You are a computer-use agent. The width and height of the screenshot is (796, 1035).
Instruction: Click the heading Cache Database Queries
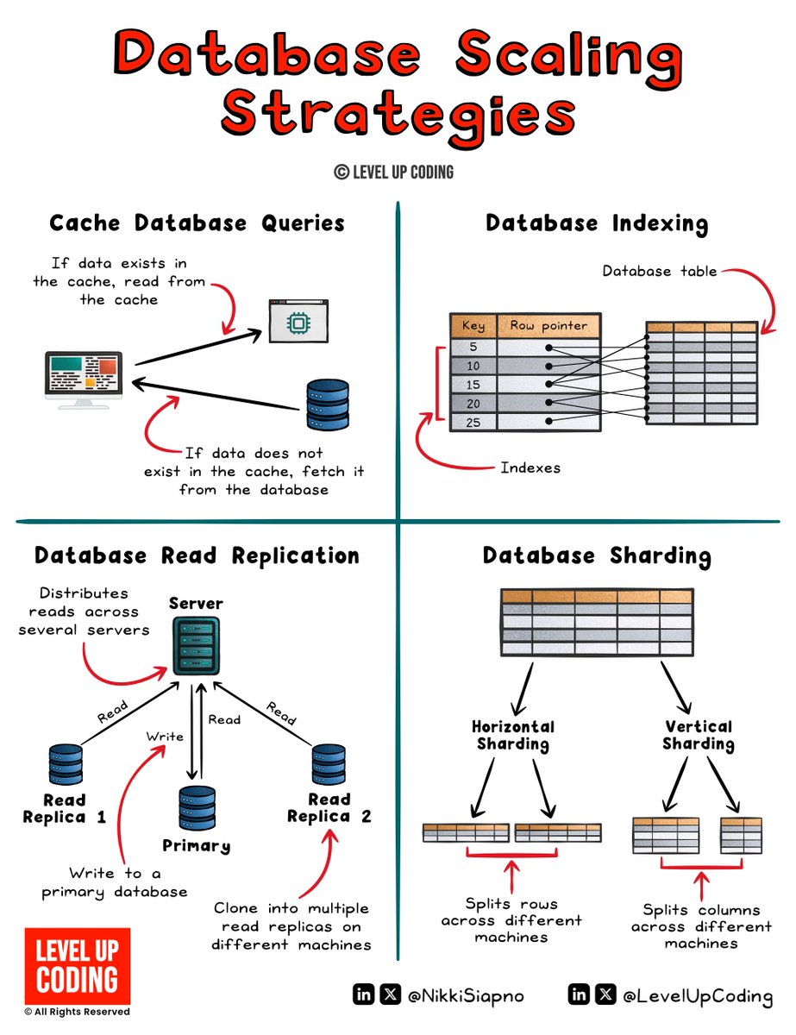[x=197, y=223]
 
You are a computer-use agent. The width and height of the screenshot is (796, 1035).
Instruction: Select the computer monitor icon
[x=84, y=378]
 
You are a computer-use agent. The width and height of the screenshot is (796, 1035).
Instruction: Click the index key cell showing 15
[x=472, y=385]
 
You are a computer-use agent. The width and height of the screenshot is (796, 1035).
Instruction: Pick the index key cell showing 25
[x=472, y=423]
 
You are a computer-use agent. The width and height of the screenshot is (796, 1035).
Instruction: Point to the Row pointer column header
[x=548, y=325]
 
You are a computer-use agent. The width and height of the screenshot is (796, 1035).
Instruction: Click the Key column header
[x=473, y=325]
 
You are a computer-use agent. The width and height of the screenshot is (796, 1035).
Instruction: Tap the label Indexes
[x=530, y=467]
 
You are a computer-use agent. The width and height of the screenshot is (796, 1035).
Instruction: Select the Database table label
[x=660, y=271]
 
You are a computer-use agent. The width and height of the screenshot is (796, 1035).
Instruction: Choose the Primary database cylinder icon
[x=197, y=807]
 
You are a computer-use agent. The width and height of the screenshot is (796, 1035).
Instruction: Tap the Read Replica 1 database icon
[x=66, y=763]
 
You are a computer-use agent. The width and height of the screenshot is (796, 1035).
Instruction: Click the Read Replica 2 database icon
[x=329, y=763]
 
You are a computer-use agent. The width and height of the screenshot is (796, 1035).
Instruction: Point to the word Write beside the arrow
[x=164, y=736]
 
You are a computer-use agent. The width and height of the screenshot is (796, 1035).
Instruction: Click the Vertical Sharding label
[x=699, y=735]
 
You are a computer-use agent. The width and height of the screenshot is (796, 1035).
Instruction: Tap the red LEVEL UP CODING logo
[x=77, y=966]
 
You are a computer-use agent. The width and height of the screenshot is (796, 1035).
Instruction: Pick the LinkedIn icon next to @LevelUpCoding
[x=579, y=995]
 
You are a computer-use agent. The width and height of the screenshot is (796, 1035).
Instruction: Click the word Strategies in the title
[x=397, y=116]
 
